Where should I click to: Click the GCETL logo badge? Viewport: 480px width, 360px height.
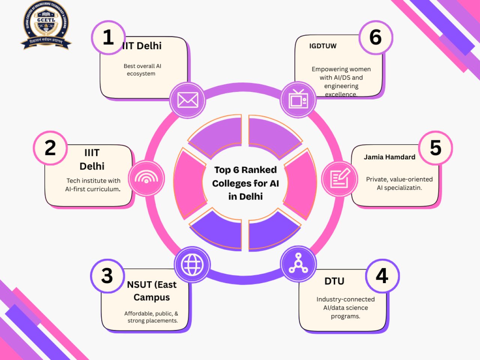[x=46, y=25]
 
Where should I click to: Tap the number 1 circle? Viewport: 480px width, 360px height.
[x=108, y=37]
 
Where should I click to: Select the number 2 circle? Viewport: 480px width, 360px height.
[x=50, y=148]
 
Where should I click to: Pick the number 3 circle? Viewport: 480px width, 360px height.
[x=107, y=276]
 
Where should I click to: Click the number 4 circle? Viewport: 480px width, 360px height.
[x=382, y=276]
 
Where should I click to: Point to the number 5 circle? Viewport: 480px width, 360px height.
[x=435, y=148]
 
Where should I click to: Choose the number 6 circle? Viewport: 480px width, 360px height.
[x=376, y=37]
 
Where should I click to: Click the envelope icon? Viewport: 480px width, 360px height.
[x=187, y=100]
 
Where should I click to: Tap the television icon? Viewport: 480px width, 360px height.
[x=298, y=100]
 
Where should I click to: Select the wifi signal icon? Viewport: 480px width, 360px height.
[x=146, y=178]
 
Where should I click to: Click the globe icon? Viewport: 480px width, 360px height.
[x=192, y=264]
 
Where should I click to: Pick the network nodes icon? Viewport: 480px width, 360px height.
[x=298, y=264]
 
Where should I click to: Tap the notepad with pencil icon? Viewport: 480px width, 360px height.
[x=340, y=178]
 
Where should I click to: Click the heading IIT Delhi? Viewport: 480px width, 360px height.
[x=142, y=46]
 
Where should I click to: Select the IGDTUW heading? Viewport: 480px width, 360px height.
[x=323, y=46]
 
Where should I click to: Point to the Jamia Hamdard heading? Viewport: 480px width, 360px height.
[x=389, y=157]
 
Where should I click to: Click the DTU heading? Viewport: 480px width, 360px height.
[x=334, y=281]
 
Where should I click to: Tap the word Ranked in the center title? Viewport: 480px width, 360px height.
[x=259, y=170]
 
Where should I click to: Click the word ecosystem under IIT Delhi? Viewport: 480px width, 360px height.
[x=141, y=73]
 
